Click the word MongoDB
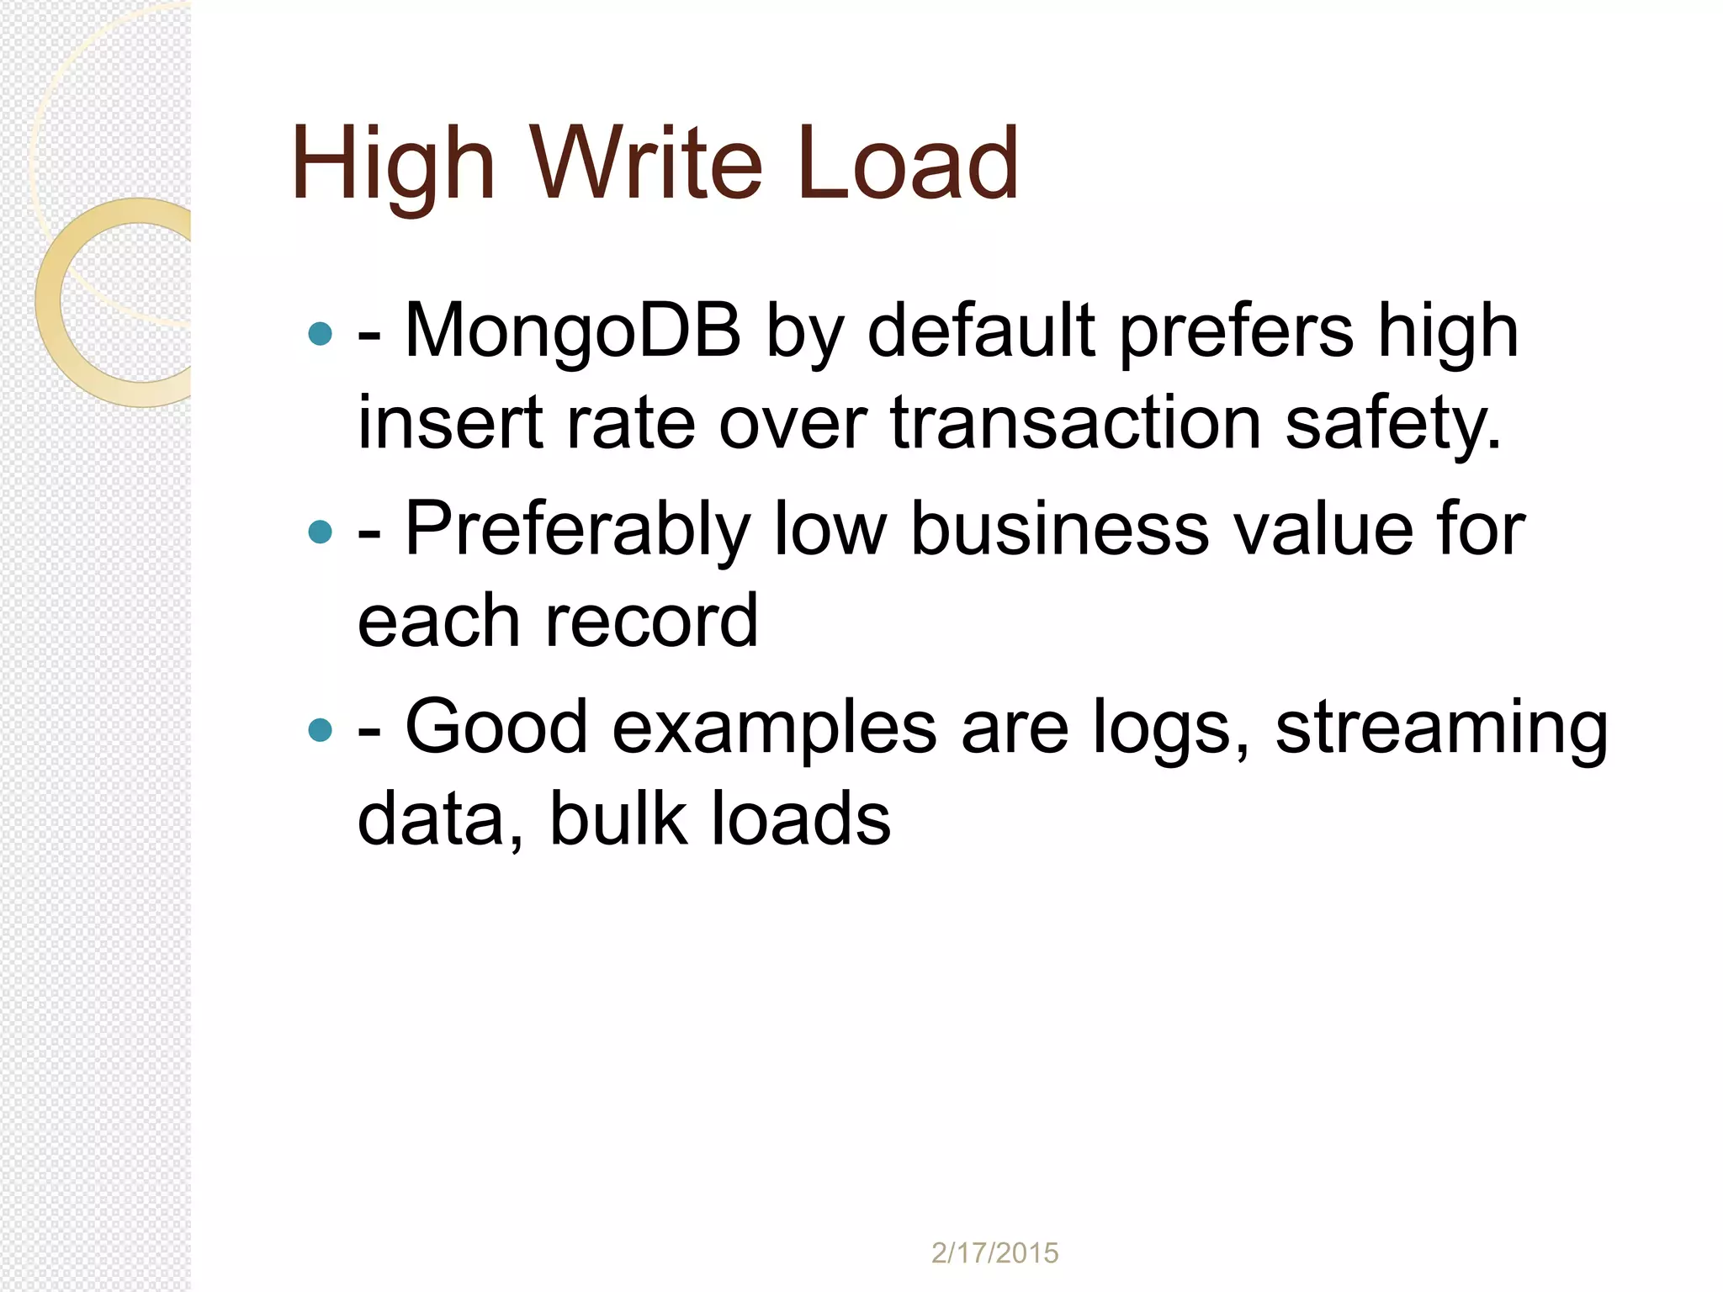[x=573, y=331]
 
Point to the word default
[x=981, y=331]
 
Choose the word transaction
[x=1076, y=422]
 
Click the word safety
[x=1392, y=424]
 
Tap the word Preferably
[x=577, y=530]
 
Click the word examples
[x=774, y=728]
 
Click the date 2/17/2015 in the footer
[x=994, y=1253]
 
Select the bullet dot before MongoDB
[x=321, y=334]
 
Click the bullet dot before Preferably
[x=321, y=532]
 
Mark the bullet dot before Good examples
[x=321, y=729]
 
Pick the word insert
[x=450, y=422]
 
